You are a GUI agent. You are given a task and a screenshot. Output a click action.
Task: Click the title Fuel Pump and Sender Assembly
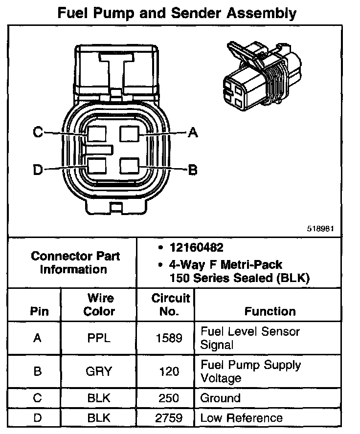click(177, 13)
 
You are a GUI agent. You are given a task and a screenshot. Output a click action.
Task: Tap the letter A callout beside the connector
click(193, 132)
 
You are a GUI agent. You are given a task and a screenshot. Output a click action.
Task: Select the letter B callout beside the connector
click(193, 170)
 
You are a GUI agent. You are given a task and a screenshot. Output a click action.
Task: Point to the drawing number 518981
click(321, 228)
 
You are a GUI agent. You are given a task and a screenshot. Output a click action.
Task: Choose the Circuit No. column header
click(170, 304)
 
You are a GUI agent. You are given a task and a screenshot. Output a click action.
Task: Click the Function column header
click(270, 311)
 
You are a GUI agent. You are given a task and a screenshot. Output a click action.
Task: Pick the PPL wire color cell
click(99, 338)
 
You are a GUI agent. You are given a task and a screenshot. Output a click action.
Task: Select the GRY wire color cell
click(99, 371)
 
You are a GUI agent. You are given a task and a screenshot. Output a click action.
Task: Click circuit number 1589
click(170, 338)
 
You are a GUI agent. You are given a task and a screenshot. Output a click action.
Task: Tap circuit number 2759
click(170, 418)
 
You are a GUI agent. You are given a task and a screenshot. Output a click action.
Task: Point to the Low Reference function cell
click(242, 418)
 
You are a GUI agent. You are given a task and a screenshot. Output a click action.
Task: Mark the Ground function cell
click(221, 398)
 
